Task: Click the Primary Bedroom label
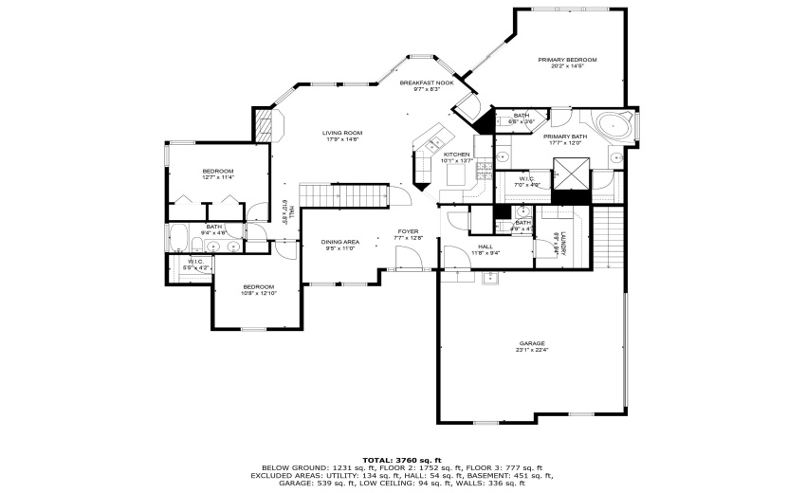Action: (x=559, y=61)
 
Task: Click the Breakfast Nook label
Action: (x=426, y=83)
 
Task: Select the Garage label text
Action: (x=531, y=343)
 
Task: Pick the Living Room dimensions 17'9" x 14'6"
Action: (x=341, y=139)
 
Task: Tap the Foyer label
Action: (x=408, y=230)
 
